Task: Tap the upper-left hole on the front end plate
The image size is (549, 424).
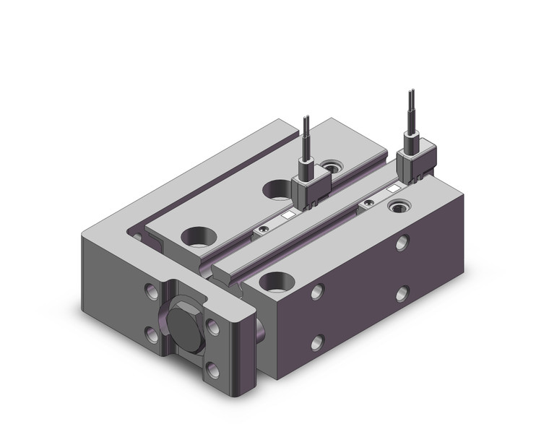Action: click(151, 293)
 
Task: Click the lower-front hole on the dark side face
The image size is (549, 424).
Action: click(316, 342)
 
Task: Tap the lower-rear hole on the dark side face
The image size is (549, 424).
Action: click(402, 293)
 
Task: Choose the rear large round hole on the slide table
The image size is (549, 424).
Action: click(277, 190)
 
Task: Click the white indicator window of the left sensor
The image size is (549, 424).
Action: click(287, 215)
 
